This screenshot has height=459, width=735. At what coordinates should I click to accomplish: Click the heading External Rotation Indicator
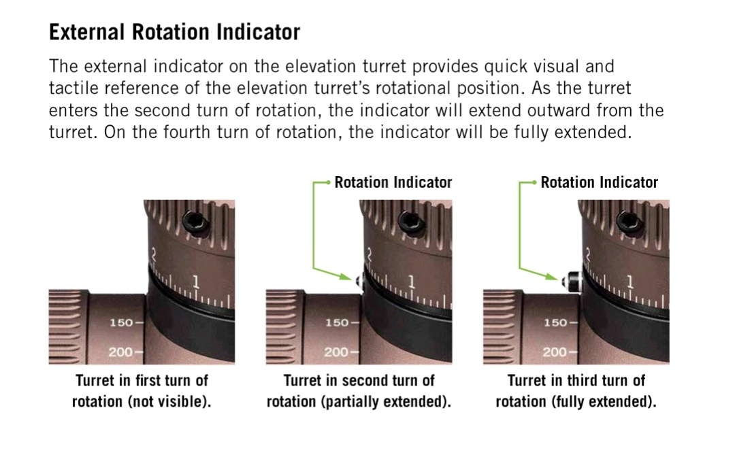(x=174, y=33)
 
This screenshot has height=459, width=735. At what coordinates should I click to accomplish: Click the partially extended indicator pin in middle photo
(x=360, y=282)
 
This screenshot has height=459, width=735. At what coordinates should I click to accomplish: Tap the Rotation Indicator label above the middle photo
(x=393, y=182)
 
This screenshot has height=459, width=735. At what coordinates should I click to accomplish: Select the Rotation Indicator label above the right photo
(x=600, y=182)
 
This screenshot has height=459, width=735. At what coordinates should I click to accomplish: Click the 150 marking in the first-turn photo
(x=121, y=323)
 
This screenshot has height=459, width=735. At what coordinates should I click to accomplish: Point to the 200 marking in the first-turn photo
(x=120, y=352)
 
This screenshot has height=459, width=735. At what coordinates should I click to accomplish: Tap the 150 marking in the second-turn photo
(x=337, y=323)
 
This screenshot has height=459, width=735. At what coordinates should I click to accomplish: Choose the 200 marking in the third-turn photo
(x=555, y=352)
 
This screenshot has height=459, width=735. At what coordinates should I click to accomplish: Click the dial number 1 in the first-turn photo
(x=196, y=282)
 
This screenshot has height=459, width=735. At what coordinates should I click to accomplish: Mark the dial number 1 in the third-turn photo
(x=630, y=282)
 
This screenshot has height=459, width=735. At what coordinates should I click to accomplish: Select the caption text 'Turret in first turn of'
(x=142, y=380)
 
